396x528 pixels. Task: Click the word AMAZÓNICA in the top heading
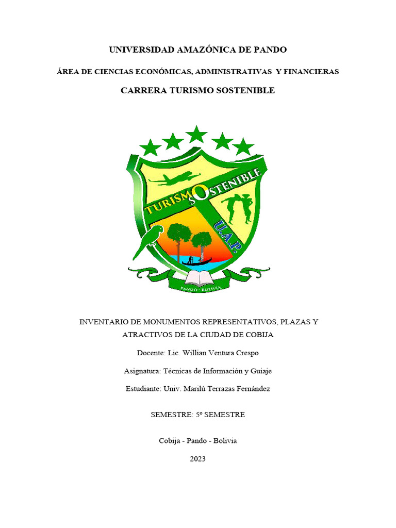(205, 50)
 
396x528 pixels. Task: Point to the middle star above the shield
(196, 136)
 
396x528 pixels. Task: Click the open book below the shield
(199, 278)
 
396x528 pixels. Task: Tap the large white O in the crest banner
(203, 192)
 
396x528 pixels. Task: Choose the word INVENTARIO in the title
(100, 322)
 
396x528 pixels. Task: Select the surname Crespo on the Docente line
(246, 353)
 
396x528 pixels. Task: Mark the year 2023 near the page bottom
(197, 458)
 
